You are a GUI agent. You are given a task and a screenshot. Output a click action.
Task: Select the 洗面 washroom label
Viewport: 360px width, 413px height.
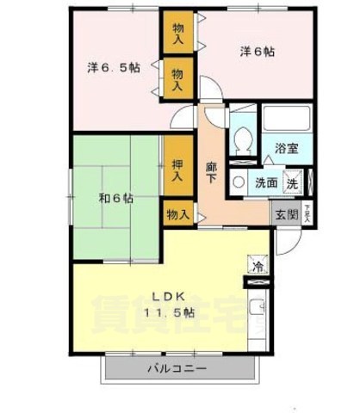click(x=265, y=182)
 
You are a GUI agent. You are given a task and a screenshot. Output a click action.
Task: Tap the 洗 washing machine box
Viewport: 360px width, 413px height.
click(x=292, y=182)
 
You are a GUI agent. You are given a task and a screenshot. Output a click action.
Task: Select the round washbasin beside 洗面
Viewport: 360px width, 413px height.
click(x=238, y=182)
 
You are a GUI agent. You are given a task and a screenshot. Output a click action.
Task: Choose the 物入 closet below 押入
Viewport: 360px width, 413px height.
click(x=177, y=215)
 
